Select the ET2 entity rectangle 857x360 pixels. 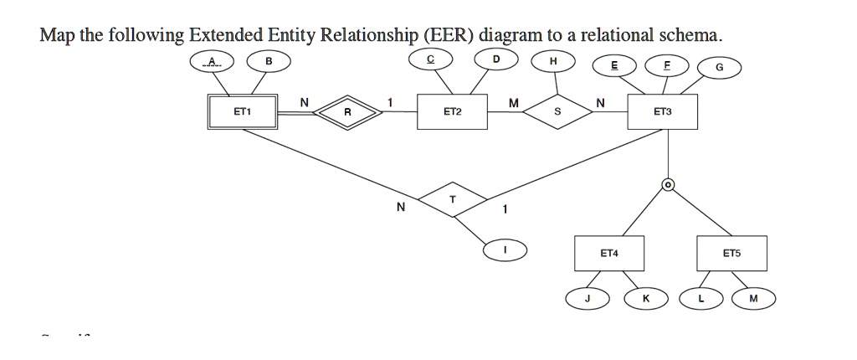click(x=452, y=111)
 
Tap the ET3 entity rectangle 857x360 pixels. click(x=662, y=111)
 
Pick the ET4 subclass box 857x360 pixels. click(x=609, y=253)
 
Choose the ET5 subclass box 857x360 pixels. click(x=731, y=253)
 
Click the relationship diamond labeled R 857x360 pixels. click(x=347, y=111)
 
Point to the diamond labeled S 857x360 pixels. click(x=557, y=111)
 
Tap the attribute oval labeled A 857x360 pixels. click(x=212, y=61)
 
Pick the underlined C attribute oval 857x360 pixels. click(x=429, y=60)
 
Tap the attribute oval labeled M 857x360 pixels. click(x=753, y=298)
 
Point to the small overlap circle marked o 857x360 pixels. click(x=668, y=184)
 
